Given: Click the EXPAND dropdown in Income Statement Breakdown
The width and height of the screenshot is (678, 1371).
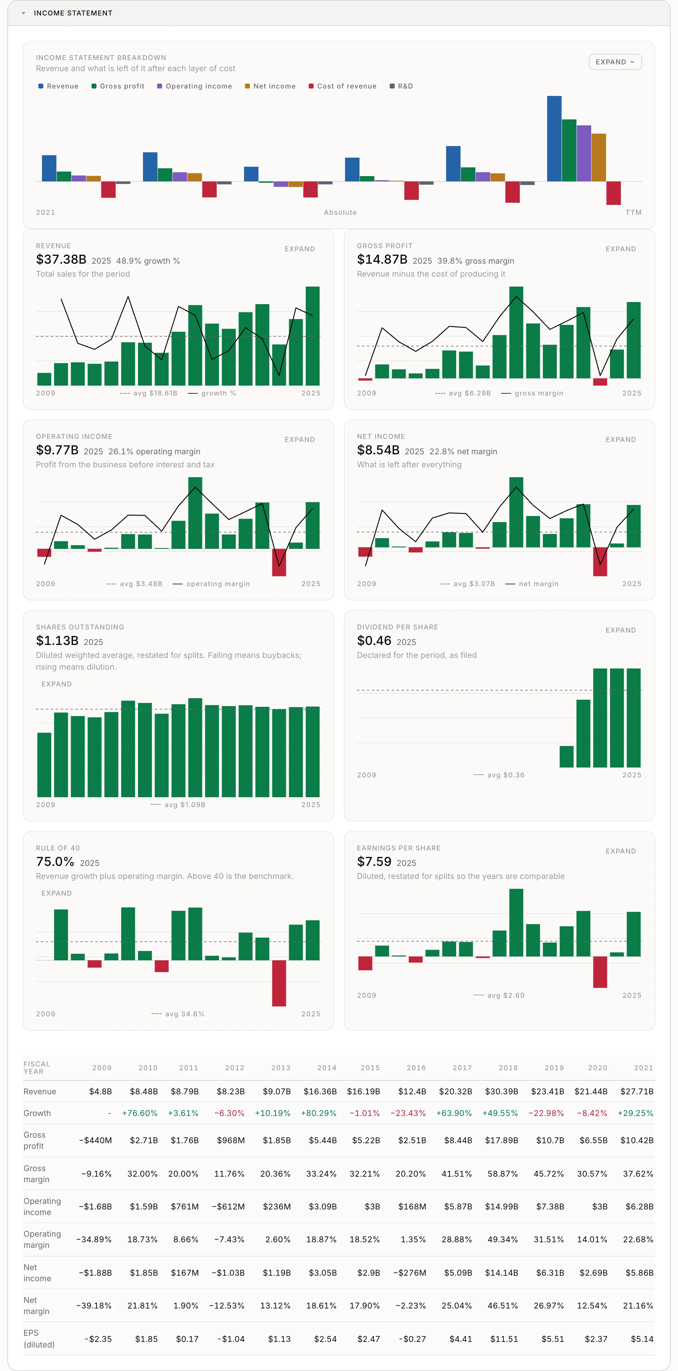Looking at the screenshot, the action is [x=615, y=62].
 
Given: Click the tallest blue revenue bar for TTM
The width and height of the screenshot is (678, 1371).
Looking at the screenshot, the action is [x=554, y=138].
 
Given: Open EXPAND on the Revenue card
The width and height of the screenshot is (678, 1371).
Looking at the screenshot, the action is [x=299, y=249].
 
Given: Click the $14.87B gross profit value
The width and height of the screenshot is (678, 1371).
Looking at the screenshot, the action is [x=382, y=260].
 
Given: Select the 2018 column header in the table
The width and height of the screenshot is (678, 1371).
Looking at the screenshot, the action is [x=508, y=1068].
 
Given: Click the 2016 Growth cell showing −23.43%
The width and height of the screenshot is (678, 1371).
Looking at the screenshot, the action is [x=408, y=1113].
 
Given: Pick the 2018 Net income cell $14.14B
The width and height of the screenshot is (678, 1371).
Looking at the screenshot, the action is [x=501, y=1273].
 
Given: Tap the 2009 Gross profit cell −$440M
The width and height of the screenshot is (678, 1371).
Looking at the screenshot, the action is [x=95, y=1140].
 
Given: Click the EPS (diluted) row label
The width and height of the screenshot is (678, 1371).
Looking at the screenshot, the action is [x=39, y=1339].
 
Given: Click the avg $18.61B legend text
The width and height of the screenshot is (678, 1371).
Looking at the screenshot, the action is [x=149, y=393].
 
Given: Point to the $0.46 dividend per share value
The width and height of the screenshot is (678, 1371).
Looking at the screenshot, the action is [x=374, y=641].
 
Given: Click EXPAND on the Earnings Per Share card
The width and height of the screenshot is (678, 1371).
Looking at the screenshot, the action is [x=620, y=851].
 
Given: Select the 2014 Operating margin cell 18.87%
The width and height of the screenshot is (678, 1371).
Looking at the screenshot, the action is [x=321, y=1239].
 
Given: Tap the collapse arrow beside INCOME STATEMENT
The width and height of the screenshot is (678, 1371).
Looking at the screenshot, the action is [x=24, y=13].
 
